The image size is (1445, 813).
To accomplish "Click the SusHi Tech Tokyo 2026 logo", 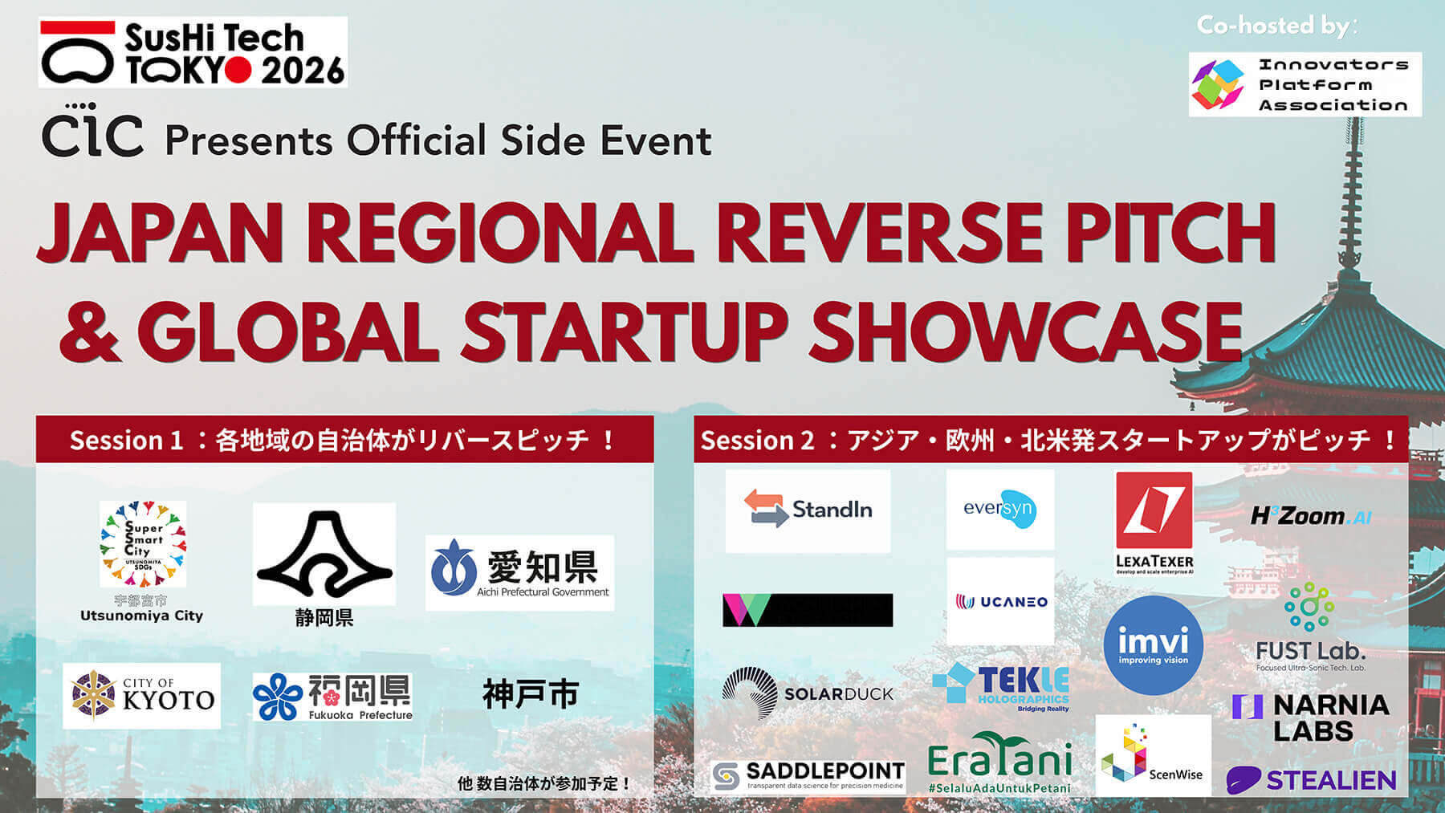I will (193, 52).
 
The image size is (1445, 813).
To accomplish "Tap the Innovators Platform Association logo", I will (1305, 84).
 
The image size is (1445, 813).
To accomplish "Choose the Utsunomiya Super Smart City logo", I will (143, 544).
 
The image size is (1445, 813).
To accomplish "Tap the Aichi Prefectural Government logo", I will (519, 572).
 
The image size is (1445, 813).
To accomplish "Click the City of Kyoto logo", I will (141, 696).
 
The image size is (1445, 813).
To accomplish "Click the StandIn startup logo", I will (808, 510).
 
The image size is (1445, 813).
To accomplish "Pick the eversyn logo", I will (999, 509).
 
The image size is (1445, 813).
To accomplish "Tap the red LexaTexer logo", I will (1154, 522).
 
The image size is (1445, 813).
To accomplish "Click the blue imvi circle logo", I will (1153, 645).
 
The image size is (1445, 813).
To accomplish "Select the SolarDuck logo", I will (807, 693).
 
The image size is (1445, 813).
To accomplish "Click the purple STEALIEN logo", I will (1311, 779).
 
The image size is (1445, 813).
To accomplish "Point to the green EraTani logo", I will (999, 761).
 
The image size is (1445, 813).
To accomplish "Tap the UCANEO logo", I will (1000, 602).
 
